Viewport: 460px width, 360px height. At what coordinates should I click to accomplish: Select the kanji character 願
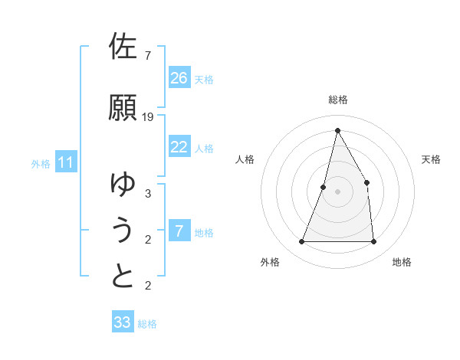pos(123,108)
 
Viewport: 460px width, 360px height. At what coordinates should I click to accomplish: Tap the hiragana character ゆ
pos(123,184)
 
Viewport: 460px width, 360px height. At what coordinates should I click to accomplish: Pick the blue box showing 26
pos(179,78)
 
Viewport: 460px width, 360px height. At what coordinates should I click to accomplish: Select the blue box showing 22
pos(179,147)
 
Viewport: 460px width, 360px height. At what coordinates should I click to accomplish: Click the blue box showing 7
pos(179,231)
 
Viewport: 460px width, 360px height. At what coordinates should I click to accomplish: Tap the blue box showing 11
pos(66,162)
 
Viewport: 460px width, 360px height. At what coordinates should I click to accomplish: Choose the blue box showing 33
pos(123,322)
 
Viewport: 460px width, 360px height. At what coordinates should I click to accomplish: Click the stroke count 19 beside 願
pos(148,117)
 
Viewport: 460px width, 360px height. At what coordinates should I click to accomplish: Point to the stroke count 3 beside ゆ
pos(148,194)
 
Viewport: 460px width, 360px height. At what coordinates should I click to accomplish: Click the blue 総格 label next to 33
pos(147,324)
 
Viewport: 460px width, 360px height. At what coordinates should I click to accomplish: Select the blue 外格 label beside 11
pos(41,163)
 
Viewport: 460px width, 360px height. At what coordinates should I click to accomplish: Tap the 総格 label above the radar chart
pos(338,100)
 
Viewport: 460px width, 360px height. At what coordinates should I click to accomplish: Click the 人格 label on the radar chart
pos(245,159)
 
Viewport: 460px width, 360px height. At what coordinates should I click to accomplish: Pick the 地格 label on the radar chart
pos(402,262)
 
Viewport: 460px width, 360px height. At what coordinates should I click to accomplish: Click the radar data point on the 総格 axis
pos(337,130)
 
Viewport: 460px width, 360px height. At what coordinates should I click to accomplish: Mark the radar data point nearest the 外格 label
pos(302,242)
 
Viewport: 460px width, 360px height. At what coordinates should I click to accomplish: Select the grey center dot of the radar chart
pos(337,191)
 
